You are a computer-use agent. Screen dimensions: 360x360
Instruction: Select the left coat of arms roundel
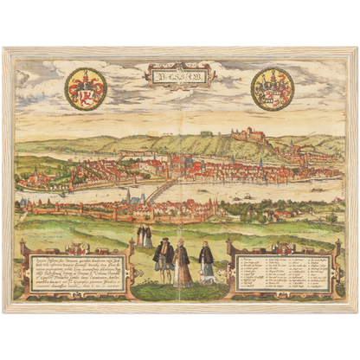[x=86, y=89]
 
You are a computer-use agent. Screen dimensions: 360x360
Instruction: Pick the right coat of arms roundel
[x=273, y=89]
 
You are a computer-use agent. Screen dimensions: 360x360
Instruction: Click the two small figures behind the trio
[x=145, y=235]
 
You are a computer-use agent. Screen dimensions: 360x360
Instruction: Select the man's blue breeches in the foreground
[x=162, y=269]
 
